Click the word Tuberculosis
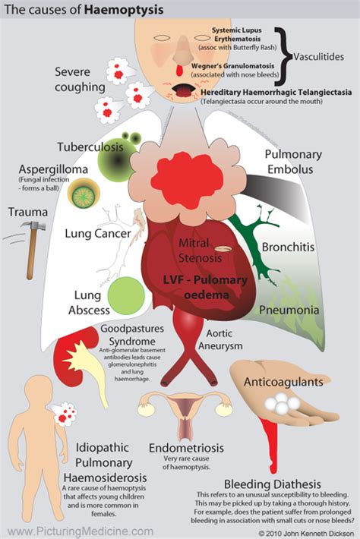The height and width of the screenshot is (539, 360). [87, 146]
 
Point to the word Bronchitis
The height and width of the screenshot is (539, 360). [288, 247]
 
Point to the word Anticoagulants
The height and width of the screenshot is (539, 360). [294, 381]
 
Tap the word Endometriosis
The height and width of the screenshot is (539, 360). [187, 449]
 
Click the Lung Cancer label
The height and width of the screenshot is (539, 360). [96, 235]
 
